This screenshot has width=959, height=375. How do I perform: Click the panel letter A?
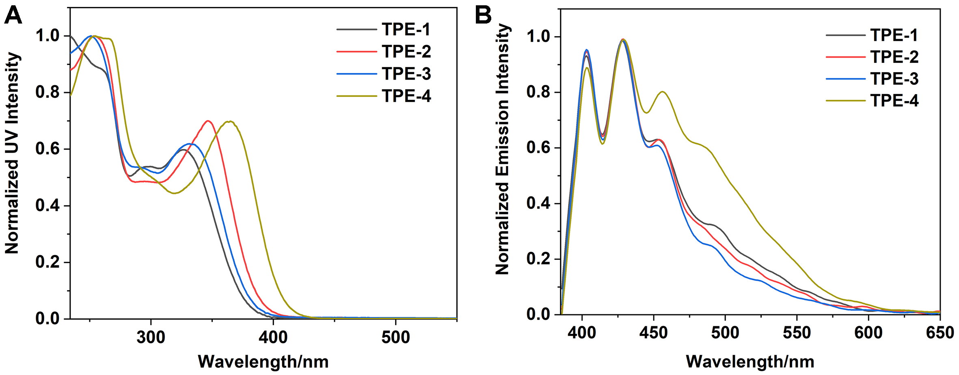coord(13,16)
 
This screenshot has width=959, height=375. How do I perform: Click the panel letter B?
coord(483,16)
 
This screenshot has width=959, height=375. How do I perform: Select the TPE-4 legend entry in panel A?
coord(406,96)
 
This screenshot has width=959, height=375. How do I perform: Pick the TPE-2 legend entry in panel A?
coord(406,52)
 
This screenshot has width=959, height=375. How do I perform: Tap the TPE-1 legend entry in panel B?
coord(894,35)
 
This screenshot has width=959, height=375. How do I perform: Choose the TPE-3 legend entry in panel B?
coord(894,79)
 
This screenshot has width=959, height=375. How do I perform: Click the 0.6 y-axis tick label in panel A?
coord(47,149)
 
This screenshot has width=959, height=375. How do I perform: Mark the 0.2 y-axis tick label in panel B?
coord(538,259)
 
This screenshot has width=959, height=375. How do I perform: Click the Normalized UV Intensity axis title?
coord(12,153)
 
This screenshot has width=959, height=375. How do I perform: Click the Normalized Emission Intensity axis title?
coord(502,149)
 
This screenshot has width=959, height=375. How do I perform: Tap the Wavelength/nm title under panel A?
coord(263,362)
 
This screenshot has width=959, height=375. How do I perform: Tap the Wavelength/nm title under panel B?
coord(750,362)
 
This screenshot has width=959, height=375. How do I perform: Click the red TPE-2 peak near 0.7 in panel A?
coord(208,121)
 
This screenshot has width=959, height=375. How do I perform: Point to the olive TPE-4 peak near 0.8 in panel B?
coord(663,92)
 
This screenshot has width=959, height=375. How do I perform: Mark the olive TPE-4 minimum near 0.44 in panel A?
coord(175,193)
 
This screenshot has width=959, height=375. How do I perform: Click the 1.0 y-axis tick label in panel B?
coord(538,37)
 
